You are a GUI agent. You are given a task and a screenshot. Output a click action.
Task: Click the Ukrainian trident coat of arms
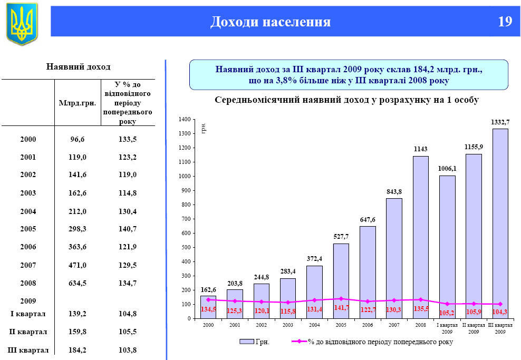[x=22, y=23]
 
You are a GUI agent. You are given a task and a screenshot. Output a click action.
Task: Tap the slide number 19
[x=505, y=22]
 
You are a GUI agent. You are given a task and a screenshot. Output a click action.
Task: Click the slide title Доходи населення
[x=271, y=22]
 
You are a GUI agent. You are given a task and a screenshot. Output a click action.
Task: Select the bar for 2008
[x=420, y=237]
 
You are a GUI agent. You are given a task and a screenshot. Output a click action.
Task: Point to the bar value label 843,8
[x=394, y=191]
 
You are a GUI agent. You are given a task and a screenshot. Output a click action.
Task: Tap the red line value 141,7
[x=341, y=307]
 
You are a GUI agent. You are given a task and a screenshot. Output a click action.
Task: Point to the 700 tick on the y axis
[x=186, y=219]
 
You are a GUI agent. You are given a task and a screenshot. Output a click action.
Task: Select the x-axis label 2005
[x=341, y=325]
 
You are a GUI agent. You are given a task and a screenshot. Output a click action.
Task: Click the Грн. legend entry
[x=255, y=342]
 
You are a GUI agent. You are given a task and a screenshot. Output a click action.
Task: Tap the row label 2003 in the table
[x=28, y=193]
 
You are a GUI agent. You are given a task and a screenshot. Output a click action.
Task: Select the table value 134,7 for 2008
[x=128, y=283]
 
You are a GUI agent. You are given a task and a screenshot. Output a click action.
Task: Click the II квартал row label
[x=28, y=332]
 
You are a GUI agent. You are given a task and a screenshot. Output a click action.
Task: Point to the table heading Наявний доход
[x=79, y=67]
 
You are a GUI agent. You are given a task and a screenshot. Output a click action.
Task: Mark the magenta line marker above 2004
[x=314, y=300]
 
